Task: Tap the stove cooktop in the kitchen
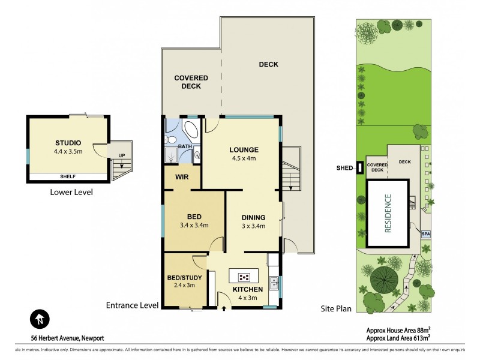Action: pos(245,277)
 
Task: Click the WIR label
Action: pos(183,178)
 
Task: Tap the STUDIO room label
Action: pos(68,142)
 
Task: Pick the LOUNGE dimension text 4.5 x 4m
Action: pos(244,159)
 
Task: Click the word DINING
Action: pos(253,217)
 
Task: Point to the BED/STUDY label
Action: pos(184,277)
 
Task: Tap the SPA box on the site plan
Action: pos(425,233)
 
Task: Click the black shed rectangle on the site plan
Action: pos(359,167)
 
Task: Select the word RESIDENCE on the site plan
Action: pos(388,214)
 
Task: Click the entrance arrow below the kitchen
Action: pos(225,308)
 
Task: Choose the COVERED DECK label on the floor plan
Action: pos(191,82)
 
